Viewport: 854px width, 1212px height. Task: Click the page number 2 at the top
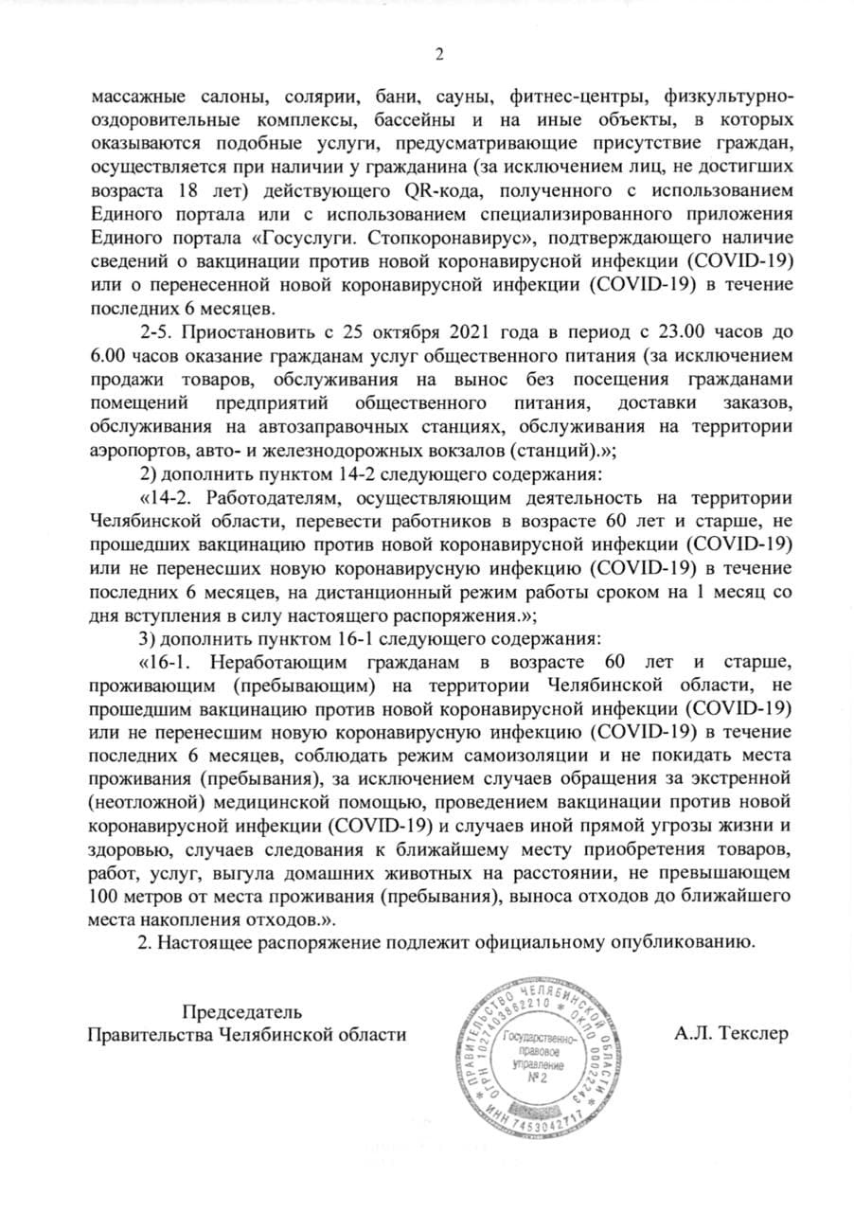(439, 53)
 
